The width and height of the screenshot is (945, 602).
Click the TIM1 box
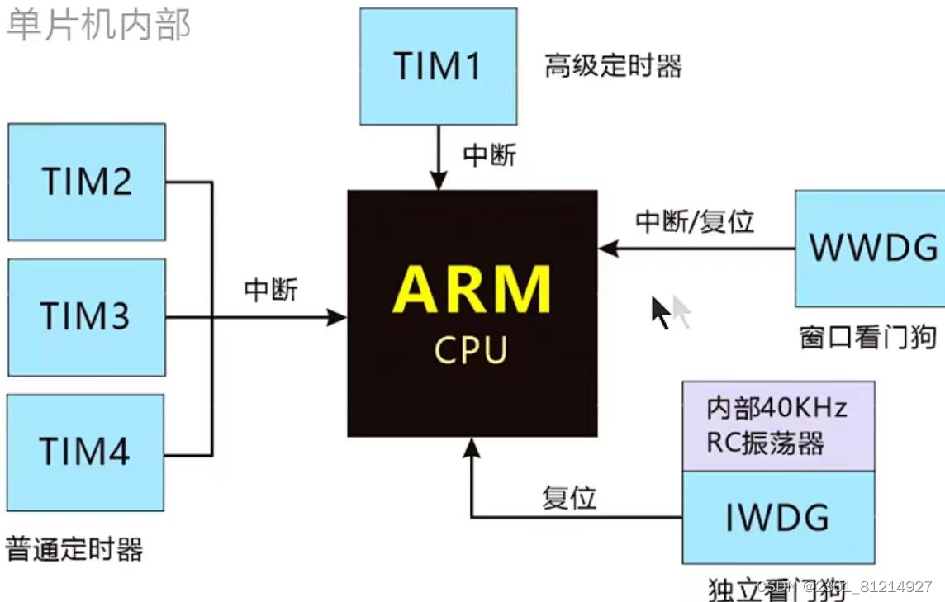[439, 66]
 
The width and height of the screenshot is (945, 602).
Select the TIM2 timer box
[86, 182]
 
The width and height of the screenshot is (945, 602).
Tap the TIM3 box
[86, 316]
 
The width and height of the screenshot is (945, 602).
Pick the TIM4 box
[86, 452]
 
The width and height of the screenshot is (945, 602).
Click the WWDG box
[870, 248]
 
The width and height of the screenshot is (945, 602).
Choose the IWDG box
[777, 518]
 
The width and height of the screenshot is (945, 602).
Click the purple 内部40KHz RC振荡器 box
[777, 426]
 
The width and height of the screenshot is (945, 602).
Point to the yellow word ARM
[472, 290]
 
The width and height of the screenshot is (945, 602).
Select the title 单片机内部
[99, 25]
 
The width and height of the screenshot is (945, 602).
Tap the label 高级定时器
[613, 66]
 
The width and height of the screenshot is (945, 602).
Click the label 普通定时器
[74, 548]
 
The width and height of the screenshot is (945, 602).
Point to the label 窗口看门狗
[867, 338]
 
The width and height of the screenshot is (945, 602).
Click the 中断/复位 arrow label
[695, 221]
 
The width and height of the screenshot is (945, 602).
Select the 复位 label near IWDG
[569, 497]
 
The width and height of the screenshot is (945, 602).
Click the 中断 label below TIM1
[490, 155]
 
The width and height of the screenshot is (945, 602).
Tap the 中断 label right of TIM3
[271, 290]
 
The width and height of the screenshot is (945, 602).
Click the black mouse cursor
[660, 312]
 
